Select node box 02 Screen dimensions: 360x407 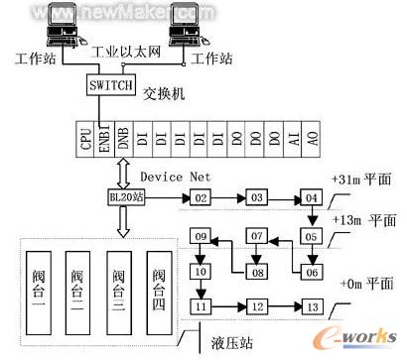(199, 199)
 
